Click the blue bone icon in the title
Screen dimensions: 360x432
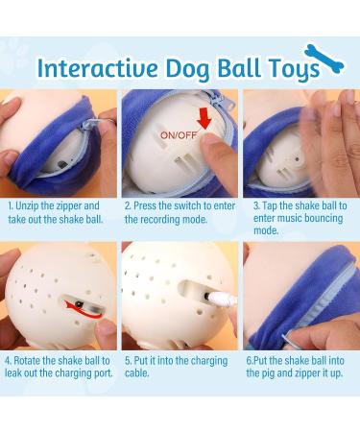(x=324, y=60)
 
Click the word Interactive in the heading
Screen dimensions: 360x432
(x=98, y=68)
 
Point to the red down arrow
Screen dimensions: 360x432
(x=204, y=118)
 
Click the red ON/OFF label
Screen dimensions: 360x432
(x=179, y=135)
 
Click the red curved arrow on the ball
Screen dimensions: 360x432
(x=84, y=310)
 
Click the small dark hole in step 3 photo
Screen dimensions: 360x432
(x=297, y=158)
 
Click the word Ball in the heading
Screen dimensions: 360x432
(x=238, y=67)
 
